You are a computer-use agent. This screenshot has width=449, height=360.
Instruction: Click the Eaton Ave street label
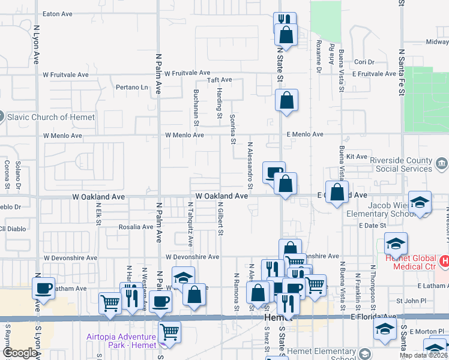pos(58,13)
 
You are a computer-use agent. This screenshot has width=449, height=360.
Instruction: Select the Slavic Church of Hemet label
pos(51,117)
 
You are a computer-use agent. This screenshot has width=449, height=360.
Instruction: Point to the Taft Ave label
pos(219,80)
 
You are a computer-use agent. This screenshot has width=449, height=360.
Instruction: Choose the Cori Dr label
pos(364,62)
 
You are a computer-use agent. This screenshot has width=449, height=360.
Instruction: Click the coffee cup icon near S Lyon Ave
pos(44,288)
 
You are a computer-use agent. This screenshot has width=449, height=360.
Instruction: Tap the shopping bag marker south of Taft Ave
pos(287,100)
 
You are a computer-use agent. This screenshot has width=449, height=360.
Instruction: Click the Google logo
pos(19,353)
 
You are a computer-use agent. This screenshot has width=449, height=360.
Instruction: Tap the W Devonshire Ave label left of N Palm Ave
pos(70,257)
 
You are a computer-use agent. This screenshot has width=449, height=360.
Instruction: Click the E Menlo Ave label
pos(305,134)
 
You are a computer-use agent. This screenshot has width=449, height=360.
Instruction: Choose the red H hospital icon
pos(444,261)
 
